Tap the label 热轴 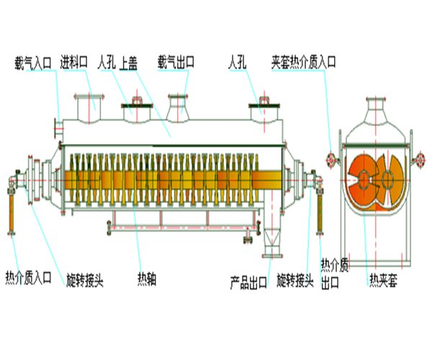tap(148, 279)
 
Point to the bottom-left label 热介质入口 tap(28, 277)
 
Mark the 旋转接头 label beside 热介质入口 tap(85, 279)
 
